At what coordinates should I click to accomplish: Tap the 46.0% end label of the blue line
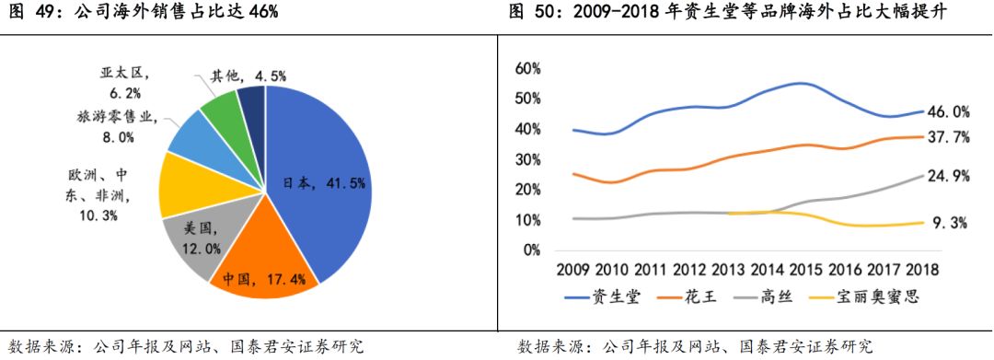pyautogui.click(x=947, y=112)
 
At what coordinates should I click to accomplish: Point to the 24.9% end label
pyautogui.click(x=947, y=176)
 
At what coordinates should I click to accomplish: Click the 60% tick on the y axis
pyautogui.click(x=528, y=68)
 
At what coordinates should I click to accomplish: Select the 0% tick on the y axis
pyautogui.click(x=532, y=250)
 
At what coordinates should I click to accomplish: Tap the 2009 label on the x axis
pyautogui.click(x=573, y=270)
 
